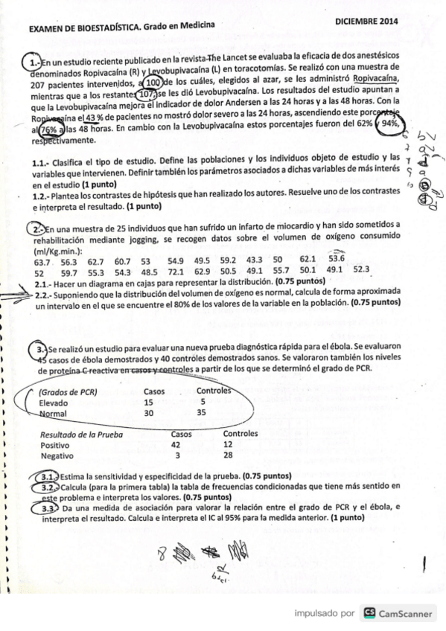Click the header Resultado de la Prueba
82,433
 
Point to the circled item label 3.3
47,507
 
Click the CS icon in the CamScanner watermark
368,613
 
